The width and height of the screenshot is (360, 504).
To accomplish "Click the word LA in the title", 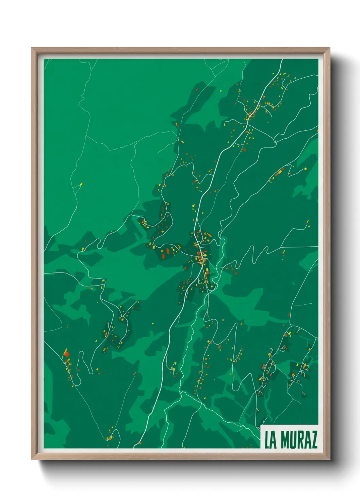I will (x=271, y=440).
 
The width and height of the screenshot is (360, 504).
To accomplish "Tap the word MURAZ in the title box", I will (x=299, y=440).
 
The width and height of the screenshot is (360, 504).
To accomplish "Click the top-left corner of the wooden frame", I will (x=32, y=48).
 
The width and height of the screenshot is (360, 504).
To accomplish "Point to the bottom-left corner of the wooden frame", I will (x=32, y=459).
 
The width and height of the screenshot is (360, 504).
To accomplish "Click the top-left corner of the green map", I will (x=44, y=59).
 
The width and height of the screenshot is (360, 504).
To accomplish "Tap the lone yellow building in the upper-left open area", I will (x=81, y=185).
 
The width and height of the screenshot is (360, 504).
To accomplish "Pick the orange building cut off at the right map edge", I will (x=317, y=130).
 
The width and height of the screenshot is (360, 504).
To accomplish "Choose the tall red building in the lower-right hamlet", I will (x=263, y=366).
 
